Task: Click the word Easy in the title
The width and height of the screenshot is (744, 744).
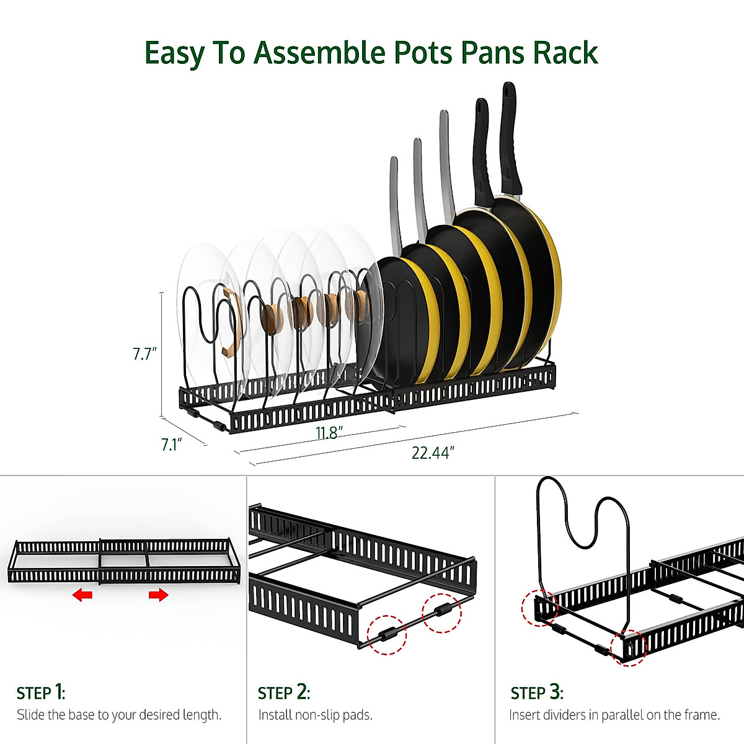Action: tap(174, 53)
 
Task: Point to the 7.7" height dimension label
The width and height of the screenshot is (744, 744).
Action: tap(145, 353)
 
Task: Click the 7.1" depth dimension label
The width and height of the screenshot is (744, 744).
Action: tap(171, 445)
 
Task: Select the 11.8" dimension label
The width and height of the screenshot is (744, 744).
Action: tap(329, 433)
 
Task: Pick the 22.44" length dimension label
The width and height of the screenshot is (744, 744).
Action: tap(433, 453)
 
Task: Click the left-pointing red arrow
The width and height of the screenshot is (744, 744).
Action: tap(82, 595)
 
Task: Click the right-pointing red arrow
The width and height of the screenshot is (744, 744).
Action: tap(158, 595)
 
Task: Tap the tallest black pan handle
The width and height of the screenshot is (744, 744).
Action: tap(511, 139)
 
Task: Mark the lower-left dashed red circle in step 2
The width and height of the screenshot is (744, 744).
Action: tap(386, 634)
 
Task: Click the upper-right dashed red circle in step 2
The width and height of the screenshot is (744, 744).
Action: tap(441, 613)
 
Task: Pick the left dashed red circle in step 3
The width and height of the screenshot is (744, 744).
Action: tap(540, 608)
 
